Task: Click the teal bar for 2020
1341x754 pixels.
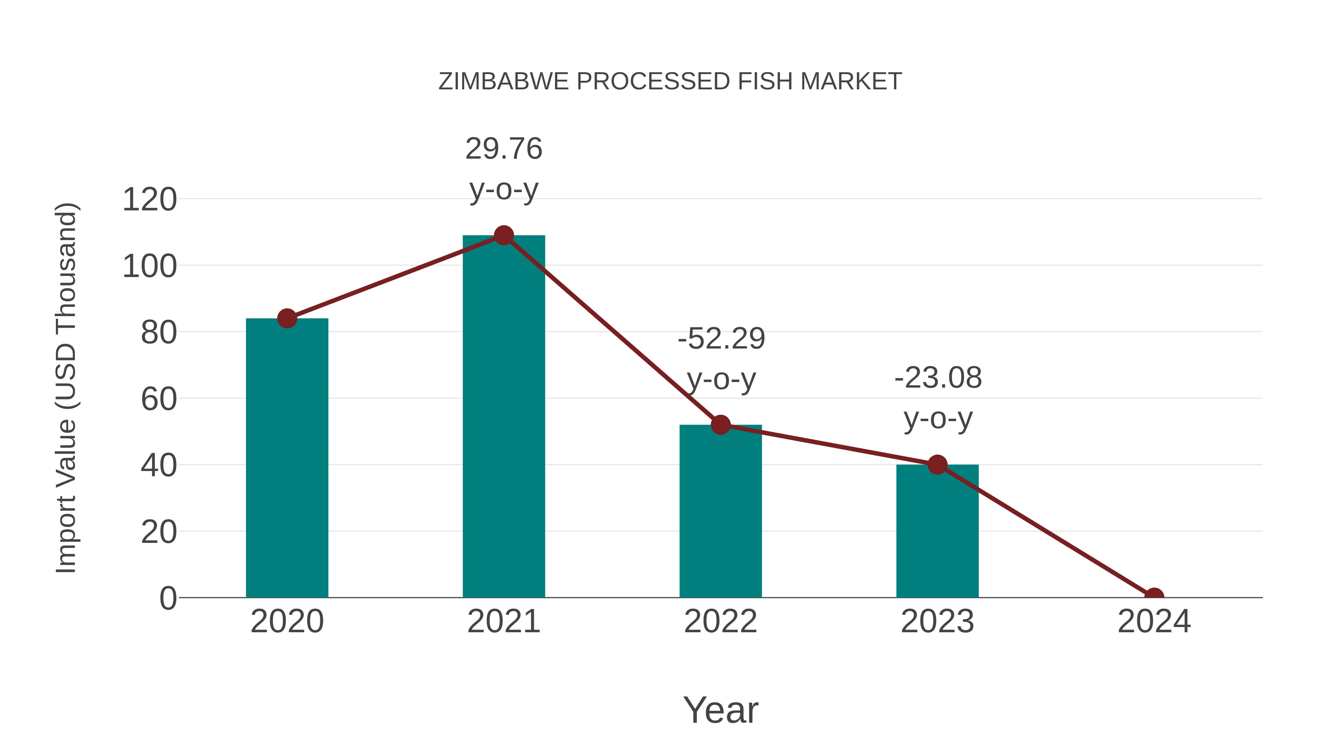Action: click(287, 458)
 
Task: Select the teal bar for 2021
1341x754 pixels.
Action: click(503, 416)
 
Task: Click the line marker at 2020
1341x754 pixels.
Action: click(287, 318)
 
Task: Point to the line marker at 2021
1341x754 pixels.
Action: click(503, 236)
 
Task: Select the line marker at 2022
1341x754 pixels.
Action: click(720, 425)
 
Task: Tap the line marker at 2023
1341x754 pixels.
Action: click(937, 465)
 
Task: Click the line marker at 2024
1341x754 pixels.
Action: click(1154, 596)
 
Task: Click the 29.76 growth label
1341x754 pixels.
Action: click(503, 149)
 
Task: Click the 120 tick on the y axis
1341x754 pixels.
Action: click(149, 200)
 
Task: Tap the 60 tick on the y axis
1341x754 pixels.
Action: click(159, 399)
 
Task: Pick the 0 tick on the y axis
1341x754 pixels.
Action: click(168, 598)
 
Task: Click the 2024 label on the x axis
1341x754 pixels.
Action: click(1154, 621)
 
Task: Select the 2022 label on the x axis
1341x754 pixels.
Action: click(720, 621)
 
